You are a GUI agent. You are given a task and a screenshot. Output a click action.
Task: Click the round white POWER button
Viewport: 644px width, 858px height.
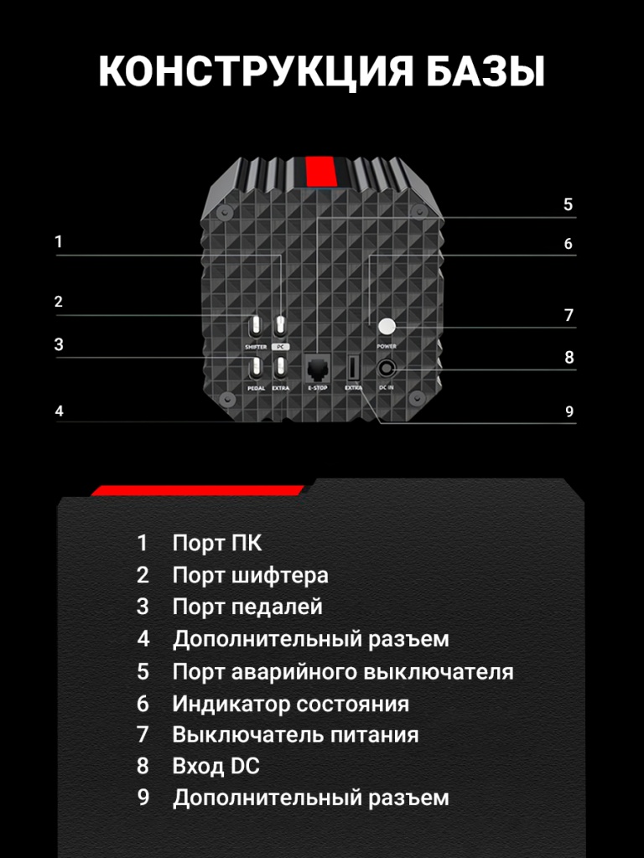click(x=387, y=327)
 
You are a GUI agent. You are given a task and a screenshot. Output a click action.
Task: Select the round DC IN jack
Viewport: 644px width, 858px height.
click(x=386, y=369)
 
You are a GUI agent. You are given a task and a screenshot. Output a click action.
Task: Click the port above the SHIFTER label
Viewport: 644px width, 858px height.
click(x=256, y=328)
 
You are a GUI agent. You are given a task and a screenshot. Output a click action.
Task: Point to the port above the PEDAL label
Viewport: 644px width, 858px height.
click(x=256, y=369)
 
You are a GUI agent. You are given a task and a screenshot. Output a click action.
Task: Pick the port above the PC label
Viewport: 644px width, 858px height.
click(x=280, y=328)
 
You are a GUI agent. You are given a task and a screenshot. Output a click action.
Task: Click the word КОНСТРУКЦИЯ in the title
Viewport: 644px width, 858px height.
click(x=255, y=71)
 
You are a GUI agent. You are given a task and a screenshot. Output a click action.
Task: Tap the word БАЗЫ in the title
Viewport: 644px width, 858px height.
click(x=486, y=71)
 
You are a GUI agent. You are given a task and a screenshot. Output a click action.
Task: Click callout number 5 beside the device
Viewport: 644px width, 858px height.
click(x=568, y=204)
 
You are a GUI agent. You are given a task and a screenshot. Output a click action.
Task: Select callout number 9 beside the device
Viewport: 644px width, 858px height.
click(x=569, y=411)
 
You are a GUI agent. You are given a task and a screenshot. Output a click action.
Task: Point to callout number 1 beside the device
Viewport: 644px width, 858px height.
click(x=59, y=241)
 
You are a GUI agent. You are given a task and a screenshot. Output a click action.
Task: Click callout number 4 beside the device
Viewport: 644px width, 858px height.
click(x=60, y=411)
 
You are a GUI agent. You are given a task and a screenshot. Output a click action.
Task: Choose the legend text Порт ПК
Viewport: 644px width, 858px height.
click(x=217, y=543)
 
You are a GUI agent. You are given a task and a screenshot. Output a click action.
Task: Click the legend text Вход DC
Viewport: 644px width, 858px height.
click(x=216, y=766)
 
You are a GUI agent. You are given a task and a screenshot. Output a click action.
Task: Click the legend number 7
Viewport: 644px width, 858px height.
click(x=143, y=734)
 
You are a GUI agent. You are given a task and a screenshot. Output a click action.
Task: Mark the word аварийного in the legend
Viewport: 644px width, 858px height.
click(x=293, y=671)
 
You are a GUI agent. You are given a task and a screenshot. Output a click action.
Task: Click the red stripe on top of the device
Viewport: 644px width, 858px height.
click(x=320, y=171)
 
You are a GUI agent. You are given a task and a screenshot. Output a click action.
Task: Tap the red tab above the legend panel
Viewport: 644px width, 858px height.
click(x=197, y=490)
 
